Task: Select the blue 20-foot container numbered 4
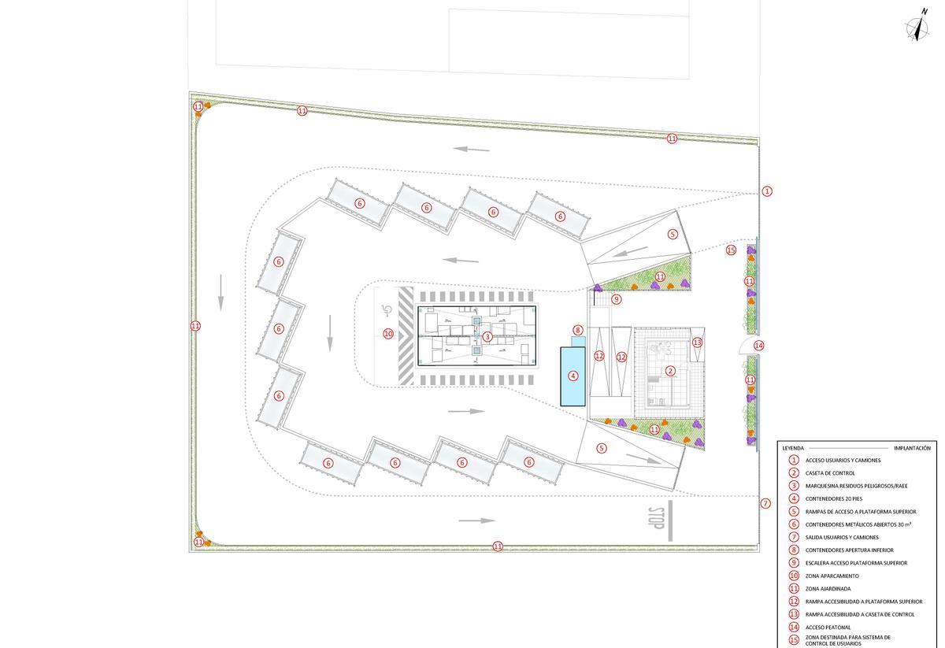pyautogui.click(x=573, y=376)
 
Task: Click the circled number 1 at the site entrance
pyautogui.click(x=767, y=191)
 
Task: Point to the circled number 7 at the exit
pyautogui.click(x=765, y=503)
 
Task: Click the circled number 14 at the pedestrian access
pyautogui.click(x=758, y=346)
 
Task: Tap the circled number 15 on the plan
pyautogui.click(x=731, y=250)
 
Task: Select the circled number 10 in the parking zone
pyautogui.click(x=387, y=334)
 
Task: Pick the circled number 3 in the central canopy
pyautogui.click(x=487, y=337)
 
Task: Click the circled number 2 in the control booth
pyautogui.click(x=670, y=371)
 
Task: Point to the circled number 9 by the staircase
pyautogui.click(x=617, y=299)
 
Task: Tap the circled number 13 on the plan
pyautogui.click(x=697, y=343)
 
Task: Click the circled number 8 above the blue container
pyautogui.click(x=578, y=331)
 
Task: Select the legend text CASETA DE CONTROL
pyautogui.click(x=830, y=473)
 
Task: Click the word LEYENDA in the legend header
pyautogui.click(x=793, y=448)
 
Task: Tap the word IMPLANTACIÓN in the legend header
pyautogui.click(x=912, y=448)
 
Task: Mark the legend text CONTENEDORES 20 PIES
pyautogui.click(x=833, y=499)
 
